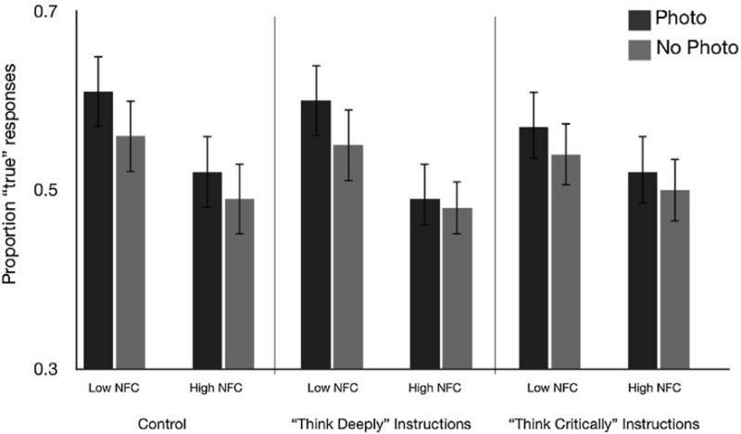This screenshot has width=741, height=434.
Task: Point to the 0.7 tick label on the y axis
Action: pyautogui.click(x=43, y=13)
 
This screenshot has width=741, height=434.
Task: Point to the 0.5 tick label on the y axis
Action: pyautogui.click(x=43, y=191)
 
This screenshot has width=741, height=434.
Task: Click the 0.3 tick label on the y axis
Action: pyautogui.click(x=43, y=368)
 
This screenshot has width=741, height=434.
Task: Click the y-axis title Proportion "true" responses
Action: pyautogui.click(x=13, y=190)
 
